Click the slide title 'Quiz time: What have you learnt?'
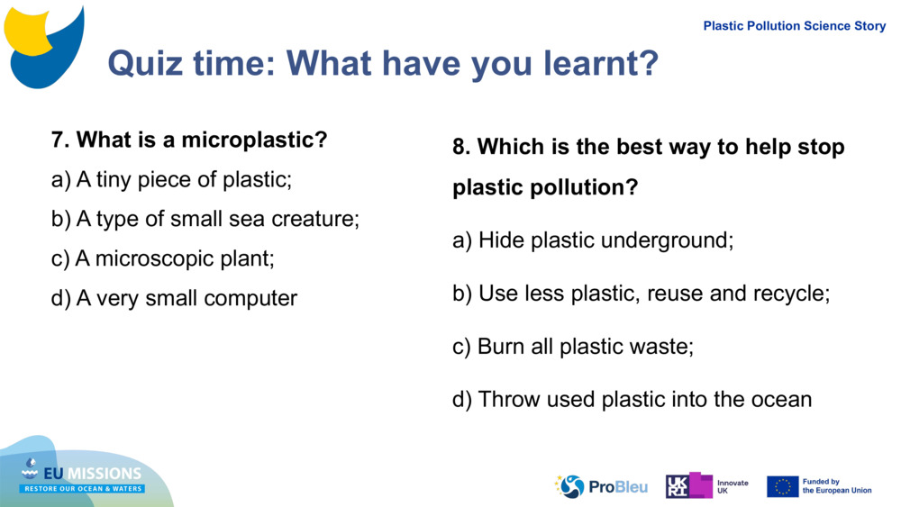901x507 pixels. coord(383,63)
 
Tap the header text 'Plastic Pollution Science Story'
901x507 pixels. coord(794,26)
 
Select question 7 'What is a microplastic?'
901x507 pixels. coord(189,140)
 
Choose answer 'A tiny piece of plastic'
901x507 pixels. coord(172,179)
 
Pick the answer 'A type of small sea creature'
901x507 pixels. coord(205,219)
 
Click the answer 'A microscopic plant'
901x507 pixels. coord(163,258)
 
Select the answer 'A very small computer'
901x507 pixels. coord(175,298)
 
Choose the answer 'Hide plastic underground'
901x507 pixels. coord(593,240)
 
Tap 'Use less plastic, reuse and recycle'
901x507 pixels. coord(641,294)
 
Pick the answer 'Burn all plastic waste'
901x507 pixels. coord(573,347)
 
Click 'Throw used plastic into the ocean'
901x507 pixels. coord(632,399)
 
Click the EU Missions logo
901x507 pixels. coord(82,477)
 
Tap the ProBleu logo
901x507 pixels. coord(601,486)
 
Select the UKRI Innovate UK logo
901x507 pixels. coord(706,486)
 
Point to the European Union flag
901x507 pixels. coord(782,486)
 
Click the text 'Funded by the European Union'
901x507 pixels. coord(837,486)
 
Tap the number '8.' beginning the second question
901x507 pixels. coord(461,147)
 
